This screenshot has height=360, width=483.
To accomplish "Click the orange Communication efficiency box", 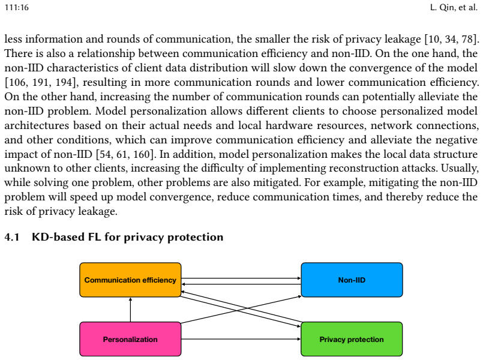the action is tap(130, 280).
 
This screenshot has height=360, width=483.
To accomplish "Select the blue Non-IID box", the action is tap(352, 280).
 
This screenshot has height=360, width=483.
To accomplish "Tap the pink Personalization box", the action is tap(130, 339).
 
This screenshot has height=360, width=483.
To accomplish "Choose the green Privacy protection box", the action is tap(352, 339).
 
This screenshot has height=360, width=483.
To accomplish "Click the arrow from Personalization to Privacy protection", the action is tap(241, 339).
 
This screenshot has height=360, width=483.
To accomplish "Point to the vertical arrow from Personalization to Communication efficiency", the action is tap(130, 310).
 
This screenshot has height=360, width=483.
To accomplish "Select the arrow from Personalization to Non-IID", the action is tap(241, 310).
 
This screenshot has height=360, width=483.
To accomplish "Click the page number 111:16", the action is tap(17, 7).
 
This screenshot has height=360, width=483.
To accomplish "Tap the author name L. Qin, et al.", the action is tap(454, 7).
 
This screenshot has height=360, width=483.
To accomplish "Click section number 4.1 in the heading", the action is tap(12, 237).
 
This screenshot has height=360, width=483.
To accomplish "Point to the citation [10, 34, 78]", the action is tap(452, 39).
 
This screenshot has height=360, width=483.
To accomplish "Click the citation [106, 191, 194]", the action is tap(40, 82).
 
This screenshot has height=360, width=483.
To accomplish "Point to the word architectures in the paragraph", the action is tap(37, 125).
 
